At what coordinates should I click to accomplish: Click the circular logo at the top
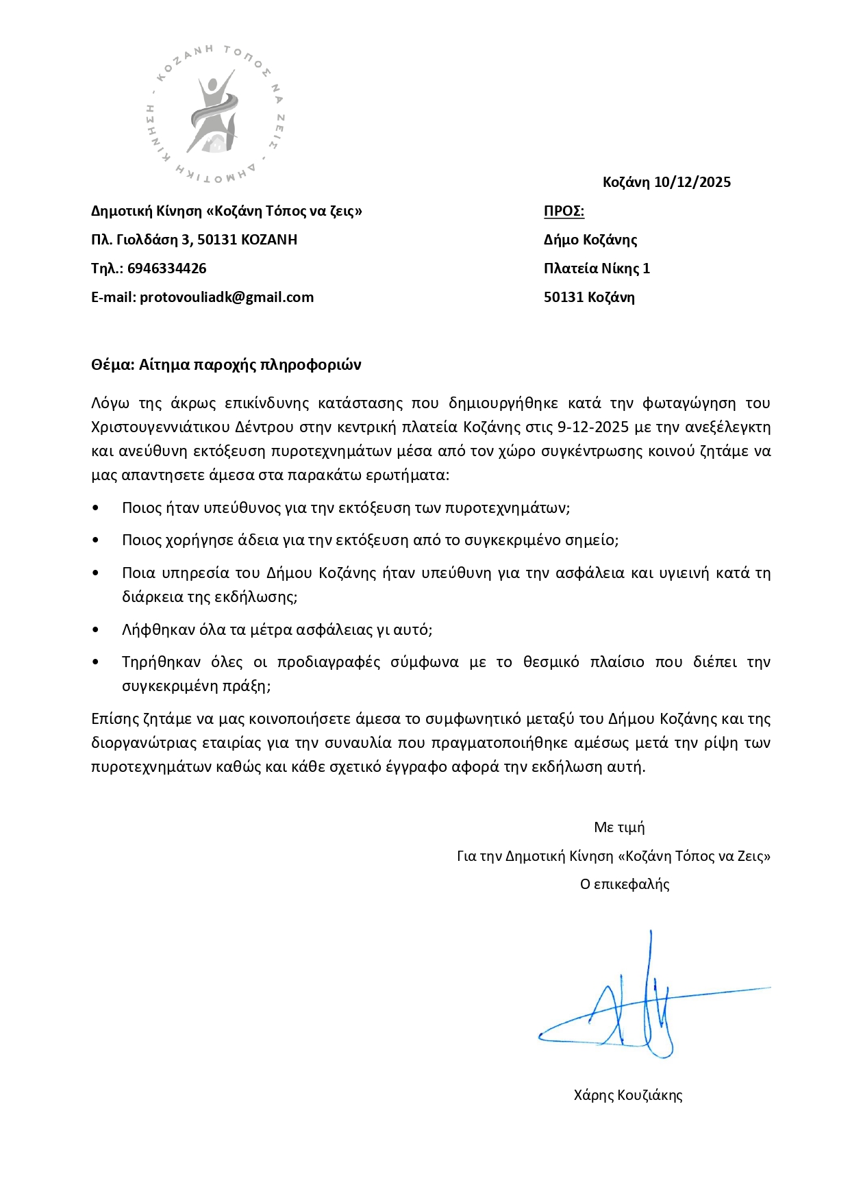click(x=216, y=114)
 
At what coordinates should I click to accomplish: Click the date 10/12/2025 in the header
click(x=692, y=182)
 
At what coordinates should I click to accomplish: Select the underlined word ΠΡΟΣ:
click(x=564, y=211)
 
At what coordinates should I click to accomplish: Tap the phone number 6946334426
click(x=166, y=268)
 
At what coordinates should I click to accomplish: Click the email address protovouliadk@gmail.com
click(x=227, y=297)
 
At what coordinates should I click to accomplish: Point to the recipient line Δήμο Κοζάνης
click(x=590, y=240)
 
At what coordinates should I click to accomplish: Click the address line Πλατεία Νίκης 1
click(x=597, y=268)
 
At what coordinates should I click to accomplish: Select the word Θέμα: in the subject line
click(x=112, y=364)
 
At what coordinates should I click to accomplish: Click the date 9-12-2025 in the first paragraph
click(x=593, y=427)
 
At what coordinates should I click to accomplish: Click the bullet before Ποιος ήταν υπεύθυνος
click(x=95, y=508)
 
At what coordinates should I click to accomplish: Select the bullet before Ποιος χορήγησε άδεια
click(x=95, y=540)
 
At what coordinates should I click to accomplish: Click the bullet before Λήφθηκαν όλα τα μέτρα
click(x=95, y=629)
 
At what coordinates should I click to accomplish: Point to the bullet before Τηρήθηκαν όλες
click(x=95, y=662)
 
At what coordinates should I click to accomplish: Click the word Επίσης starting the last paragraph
click(x=114, y=719)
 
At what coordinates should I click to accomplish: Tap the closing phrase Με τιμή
click(x=619, y=827)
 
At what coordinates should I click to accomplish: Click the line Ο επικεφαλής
click(x=625, y=884)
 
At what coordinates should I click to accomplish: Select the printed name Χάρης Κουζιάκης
click(x=628, y=1095)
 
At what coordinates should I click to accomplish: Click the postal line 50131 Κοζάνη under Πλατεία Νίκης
click(x=589, y=297)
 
